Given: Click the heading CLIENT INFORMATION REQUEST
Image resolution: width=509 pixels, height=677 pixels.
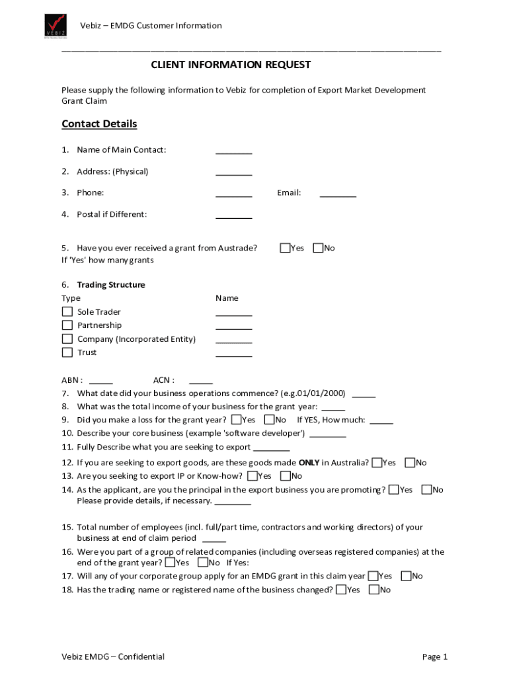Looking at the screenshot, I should (x=231, y=65).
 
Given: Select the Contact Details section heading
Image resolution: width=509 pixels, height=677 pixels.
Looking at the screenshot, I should (x=99, y=124).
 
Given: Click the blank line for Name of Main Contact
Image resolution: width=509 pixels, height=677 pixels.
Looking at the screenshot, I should (x=233, y=151).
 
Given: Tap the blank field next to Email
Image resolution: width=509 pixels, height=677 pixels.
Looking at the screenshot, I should (x=338, y=194).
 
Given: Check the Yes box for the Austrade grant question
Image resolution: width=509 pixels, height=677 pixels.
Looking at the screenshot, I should (x=285, y=248).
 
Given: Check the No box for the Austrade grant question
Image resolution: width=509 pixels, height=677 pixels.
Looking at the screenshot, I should (x=318, y=248).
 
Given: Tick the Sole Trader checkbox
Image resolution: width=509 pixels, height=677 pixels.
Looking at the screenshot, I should (x=67, y=311).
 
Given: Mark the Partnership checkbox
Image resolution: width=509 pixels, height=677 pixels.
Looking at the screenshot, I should (x=67, y=325).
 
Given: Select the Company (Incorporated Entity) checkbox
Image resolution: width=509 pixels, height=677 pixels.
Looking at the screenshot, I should (x=67, y=339).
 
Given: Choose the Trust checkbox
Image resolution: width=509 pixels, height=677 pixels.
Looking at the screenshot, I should (x=67, y=352).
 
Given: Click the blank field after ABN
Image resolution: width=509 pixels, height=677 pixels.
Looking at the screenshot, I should (x=100, y=381).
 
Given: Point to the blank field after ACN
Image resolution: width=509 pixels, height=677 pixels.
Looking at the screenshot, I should (x=200, y=381).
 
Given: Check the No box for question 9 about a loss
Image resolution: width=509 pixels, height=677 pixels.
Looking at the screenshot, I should (x=269, y=420).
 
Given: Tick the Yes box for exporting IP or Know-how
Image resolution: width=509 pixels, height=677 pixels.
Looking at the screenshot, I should (x=253, y=476).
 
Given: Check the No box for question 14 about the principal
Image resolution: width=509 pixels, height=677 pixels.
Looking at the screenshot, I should (x=426, y=490).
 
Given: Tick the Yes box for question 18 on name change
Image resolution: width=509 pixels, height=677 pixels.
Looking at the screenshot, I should (x=341, y=590).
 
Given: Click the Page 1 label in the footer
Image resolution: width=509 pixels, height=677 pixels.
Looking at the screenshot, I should (x=435, y=657).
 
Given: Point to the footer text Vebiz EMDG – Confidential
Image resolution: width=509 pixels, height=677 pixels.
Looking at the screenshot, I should (x=113, y=657).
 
